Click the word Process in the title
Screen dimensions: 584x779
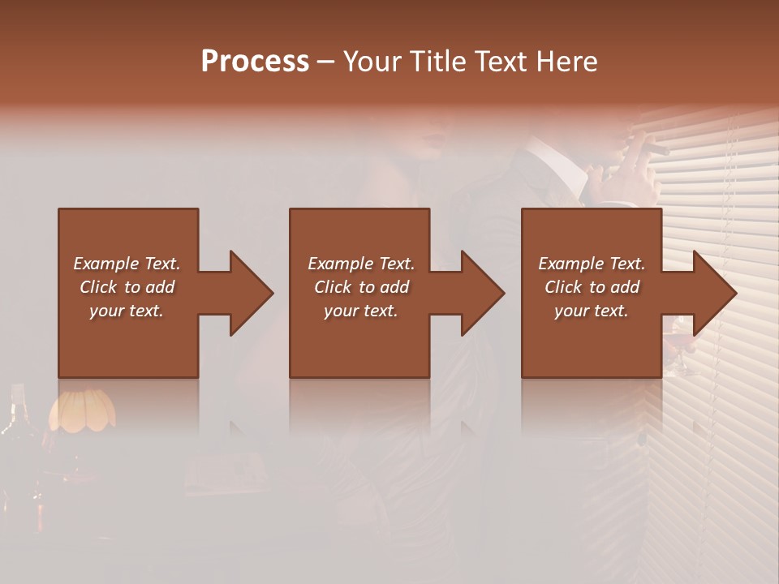(x=255, y=62)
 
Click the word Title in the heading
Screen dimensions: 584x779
(x=438, y=62)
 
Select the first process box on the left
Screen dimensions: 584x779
(x=128, y=235)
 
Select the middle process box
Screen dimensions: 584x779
(x=359, y=235)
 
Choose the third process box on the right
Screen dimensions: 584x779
(x=591, y=235)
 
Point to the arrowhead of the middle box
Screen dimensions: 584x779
(x=482, y=293)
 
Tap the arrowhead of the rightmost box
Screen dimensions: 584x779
(x=714, y=293)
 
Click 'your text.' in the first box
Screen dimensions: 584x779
(x=127, y=311)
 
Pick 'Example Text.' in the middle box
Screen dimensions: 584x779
(x=361, y=264)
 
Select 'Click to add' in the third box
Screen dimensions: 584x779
(x=592, y=287)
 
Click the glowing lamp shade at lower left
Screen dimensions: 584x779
(x=81, y=410)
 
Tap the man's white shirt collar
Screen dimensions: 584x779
(x=568, y=166)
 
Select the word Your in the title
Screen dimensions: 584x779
(x=372, y=62)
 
